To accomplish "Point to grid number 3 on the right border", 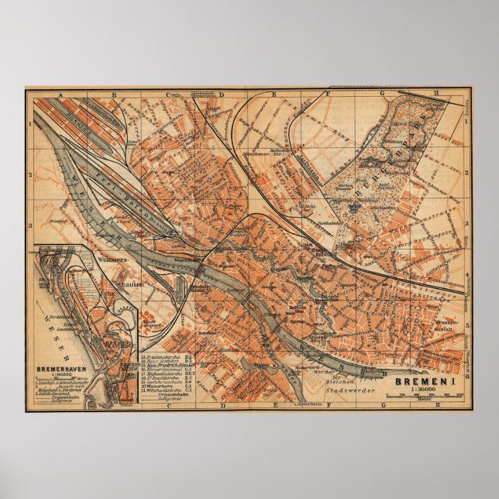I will coord(466,225).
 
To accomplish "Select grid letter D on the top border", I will coord(221,93).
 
